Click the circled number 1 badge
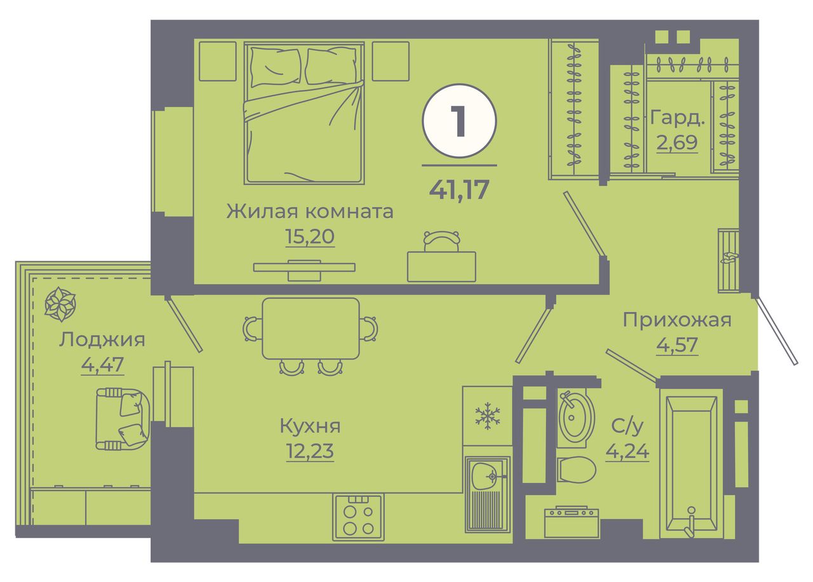coord(459,121)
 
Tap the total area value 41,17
coord(459,189)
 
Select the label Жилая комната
coord(309,212)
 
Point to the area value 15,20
coord(309,236)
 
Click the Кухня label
coord(310,426)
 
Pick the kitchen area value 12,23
coord(310,451)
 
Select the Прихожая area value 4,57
coord(677,344)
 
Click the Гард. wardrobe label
coord(677,118)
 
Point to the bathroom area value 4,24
coord(627,451)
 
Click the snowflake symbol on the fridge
coord(487,416)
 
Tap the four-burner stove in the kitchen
coord(358,517)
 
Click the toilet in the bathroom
coord(576,470)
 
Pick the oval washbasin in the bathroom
coord(576,417)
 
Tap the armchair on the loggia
coord(123,419)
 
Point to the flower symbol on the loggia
coord(60,304)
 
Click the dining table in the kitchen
coord(311,328)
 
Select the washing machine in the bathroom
coord(571,522)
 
